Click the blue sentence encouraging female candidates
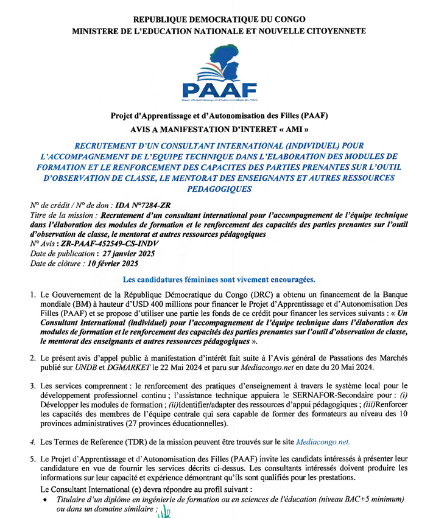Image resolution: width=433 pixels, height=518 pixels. (219, 281)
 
